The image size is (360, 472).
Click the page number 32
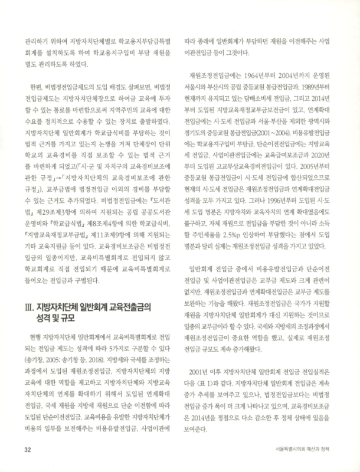pos(28,450)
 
